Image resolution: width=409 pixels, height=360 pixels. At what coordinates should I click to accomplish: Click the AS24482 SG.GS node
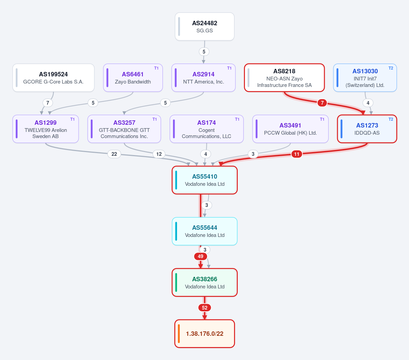pos(205,27)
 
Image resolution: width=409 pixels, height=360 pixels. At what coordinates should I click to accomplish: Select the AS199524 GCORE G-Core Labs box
pos(54,78)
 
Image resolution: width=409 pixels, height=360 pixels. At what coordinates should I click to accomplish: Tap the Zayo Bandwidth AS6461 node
pos(133,78)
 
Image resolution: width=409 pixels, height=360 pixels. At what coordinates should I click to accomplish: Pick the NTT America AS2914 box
pos(203,78)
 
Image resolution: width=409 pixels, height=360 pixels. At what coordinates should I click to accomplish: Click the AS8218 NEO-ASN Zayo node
pos(284,78)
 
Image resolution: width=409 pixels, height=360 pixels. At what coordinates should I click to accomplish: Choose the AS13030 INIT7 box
pos(365,78)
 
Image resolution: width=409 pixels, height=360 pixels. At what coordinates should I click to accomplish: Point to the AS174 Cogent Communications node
pos(207,129)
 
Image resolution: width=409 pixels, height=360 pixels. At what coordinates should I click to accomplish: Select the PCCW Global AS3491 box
pos(290,129)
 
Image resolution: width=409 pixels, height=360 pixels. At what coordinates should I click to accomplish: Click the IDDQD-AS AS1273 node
pos(367,129)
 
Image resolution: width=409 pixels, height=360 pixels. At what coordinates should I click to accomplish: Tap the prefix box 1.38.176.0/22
pos(205,334)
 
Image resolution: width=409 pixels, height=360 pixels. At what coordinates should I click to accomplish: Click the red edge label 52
pos(205,308)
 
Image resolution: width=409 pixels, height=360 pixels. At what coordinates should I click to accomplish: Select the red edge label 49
pos(201,256)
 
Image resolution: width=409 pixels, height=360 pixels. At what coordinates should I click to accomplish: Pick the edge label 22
pos(114,154)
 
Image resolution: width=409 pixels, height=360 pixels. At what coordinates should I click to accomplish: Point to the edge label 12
pos(159,154)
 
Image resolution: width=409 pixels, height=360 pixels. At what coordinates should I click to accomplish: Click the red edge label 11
pos(296,154)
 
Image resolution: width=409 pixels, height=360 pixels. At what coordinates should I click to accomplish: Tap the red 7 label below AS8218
pos(322,103)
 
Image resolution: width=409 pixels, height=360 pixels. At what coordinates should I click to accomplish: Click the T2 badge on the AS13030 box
pos(391,68)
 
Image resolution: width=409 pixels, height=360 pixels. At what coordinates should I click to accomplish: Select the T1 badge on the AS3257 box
pos(155,119)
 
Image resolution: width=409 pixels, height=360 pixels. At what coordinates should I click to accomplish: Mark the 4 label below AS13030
pos(368,103)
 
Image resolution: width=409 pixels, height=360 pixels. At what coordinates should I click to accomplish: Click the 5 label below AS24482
pos(204,51)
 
